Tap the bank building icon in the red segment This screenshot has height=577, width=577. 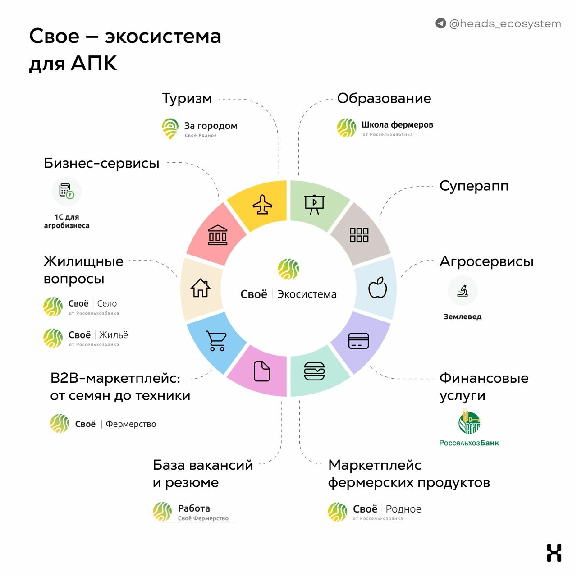[218, 235]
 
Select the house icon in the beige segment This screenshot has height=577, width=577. [200, 288]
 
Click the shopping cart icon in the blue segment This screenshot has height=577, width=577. [216, 340]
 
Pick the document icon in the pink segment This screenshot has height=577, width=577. [262, 371]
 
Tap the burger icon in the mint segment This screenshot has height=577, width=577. [314, 371]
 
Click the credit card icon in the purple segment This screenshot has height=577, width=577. [358, 341]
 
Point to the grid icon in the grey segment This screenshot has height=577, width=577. [359, 235]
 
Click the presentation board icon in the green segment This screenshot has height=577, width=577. [314, 205]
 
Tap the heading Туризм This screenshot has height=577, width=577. [187, 99]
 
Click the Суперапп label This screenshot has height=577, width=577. [474, 186]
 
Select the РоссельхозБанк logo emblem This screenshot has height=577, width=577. [469, 422]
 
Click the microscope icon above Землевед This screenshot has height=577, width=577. [463, 290]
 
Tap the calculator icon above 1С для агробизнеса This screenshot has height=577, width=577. [66, 191]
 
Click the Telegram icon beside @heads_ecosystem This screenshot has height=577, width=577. [440, 23]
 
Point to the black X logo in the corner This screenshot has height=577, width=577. [554, 553]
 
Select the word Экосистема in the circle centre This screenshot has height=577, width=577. [307, 294]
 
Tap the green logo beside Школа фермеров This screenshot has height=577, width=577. [347, 128]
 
